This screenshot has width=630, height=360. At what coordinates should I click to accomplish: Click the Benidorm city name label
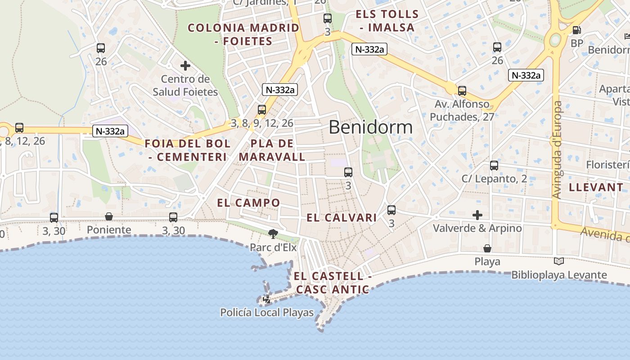point(370,127)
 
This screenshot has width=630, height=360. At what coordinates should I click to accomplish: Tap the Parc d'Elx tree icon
point(273,234)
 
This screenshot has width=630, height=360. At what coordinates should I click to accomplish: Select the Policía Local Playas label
point(266,312)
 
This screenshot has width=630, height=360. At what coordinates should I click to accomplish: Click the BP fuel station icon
point(576,30)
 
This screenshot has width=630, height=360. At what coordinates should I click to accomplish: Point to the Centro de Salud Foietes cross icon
point(185,66)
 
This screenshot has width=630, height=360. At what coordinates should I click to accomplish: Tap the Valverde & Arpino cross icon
point(477,215)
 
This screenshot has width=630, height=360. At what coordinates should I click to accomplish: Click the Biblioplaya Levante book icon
point(558,261)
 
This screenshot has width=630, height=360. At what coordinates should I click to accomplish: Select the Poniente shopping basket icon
point(109,217)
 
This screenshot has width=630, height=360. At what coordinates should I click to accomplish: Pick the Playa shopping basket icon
point(487,248)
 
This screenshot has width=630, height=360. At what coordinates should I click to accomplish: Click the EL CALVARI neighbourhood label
point(342,218)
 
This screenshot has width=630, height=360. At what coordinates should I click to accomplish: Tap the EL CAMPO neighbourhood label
point(248,203)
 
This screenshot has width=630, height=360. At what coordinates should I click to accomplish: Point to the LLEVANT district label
point(596,188)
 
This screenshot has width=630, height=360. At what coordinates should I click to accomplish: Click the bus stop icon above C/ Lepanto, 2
point(494,166)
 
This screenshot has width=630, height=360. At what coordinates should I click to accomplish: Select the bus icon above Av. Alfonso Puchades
point(462,91)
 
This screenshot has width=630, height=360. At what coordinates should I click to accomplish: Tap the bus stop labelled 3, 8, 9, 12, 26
point(262,110)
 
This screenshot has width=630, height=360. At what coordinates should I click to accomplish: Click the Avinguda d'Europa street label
point(558,150)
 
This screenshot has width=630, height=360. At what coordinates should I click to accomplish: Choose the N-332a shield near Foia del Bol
point(110,131)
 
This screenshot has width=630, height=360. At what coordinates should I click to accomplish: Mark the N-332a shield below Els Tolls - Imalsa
point(369,49)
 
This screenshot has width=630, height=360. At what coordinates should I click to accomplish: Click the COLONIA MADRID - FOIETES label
point(243,35)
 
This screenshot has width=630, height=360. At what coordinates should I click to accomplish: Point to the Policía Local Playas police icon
point(267,299)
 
